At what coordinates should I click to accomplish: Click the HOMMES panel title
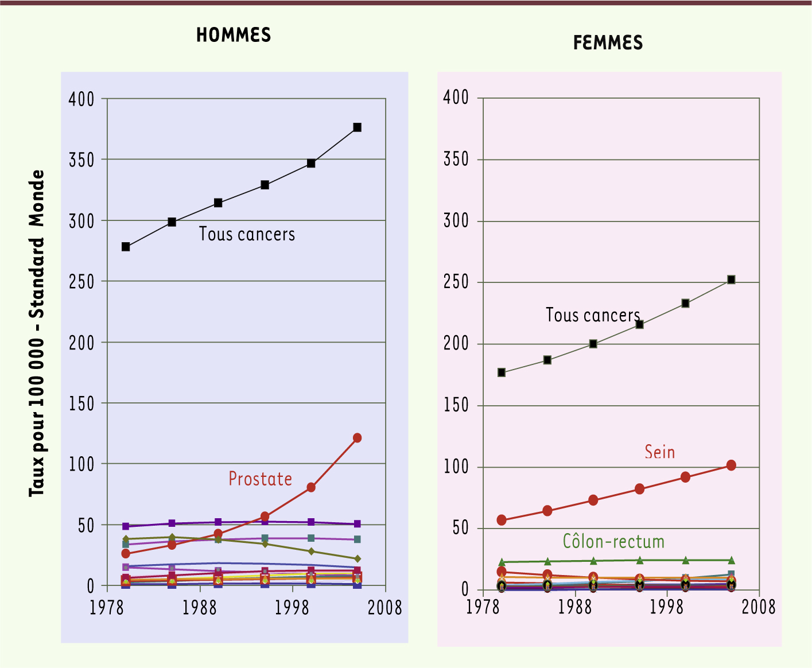(234, 36)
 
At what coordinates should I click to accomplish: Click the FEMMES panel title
(608, 43)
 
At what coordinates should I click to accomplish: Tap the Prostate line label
(261, 479)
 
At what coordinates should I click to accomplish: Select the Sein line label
(659, 452)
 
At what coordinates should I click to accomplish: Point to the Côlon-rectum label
(613, 542)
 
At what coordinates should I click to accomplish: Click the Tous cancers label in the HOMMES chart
(247, 234)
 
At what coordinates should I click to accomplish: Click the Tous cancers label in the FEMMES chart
(593, 315)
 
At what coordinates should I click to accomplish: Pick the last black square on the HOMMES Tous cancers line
(357, 127)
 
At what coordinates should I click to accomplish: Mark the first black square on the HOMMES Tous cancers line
(126, 247)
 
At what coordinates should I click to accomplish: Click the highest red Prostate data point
(357, 438)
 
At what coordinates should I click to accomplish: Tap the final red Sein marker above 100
(731, 465)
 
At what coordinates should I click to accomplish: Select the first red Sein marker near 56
(502, 520)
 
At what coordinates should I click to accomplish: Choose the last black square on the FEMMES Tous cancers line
(731, 279)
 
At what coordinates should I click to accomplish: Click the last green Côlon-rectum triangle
(731, 560)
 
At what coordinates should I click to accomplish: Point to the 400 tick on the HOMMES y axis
(81, 99)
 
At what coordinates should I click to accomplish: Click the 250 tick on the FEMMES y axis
(456, 282)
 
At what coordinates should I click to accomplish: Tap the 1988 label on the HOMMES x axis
(200, 608)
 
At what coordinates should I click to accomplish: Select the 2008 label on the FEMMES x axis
(759, 607)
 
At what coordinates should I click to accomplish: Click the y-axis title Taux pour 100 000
(37, 333)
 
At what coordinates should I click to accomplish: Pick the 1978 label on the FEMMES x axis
(483, 607)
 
